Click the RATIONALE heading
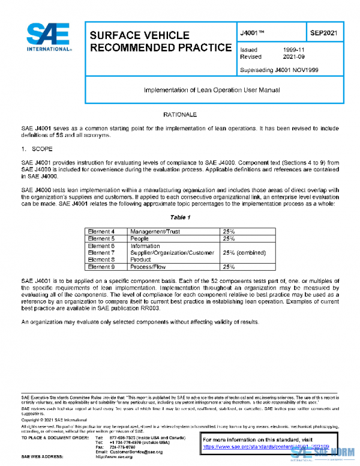tap(179, 114)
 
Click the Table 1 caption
tap(179, 217)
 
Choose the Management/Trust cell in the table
tap(155, 231)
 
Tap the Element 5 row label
tap(101, 238)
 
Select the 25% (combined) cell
tap(244, 253)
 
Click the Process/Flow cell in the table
tap(146, 267)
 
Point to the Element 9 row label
tap(101, 267)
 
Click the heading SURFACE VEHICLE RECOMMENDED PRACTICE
tap(160, 41)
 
